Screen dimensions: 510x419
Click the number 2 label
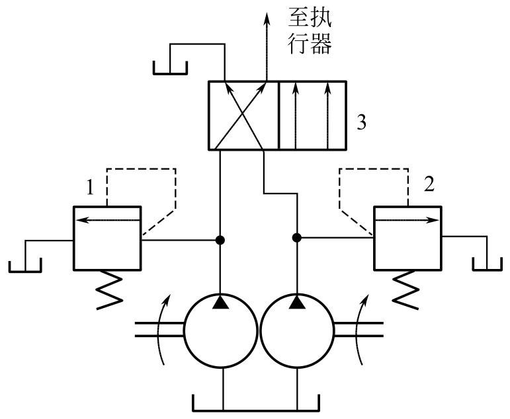[x=429, y=184]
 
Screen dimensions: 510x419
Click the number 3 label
[x=361, y=123]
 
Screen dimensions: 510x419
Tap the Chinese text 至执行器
[x=310, y=32]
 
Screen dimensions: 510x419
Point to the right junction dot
[x=297, y=237]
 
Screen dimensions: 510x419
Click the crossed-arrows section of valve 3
[x=243, y=116]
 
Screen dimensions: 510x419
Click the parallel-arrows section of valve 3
[x=313, y=116]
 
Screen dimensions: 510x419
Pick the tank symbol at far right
[x=488, y=264]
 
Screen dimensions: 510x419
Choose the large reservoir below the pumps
[x=256, y=403]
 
